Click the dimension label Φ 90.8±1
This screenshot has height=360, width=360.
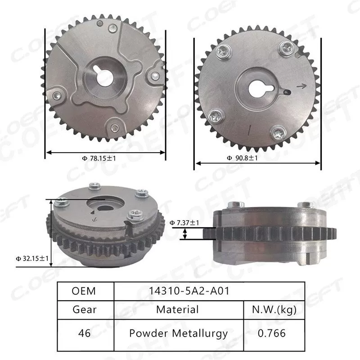click(242, 158)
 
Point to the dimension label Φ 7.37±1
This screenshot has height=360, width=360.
click(184, 223)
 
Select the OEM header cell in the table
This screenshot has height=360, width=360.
click(84, 291)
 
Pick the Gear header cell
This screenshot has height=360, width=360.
click(84, 310)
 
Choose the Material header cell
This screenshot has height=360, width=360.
click(177, 310)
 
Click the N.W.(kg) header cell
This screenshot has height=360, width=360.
click(273, 310)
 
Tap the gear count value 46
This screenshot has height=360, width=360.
click(84, 333)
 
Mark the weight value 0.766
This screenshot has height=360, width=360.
click(273, 333)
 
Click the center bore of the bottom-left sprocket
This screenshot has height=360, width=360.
click(104, 208)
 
